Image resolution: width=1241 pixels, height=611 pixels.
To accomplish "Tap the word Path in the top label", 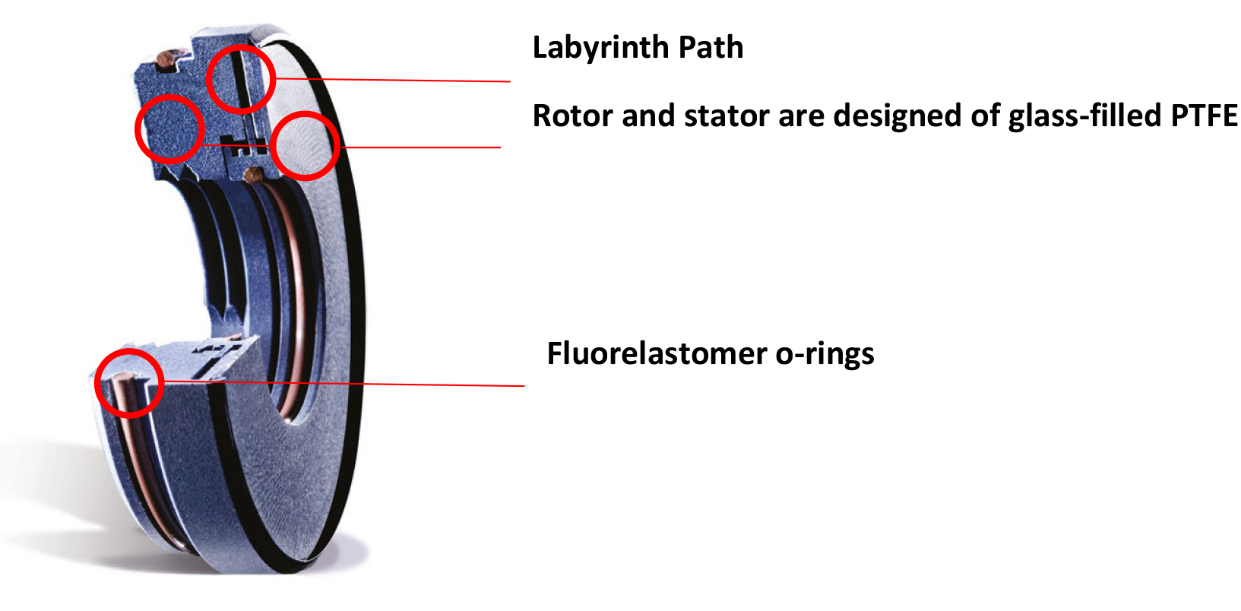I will pyautogui.click(x=711, y=47).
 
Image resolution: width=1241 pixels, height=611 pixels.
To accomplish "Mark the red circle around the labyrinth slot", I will pyautogui.click(x=240, y=79).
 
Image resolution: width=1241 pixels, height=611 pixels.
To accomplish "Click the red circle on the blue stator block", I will pyautogui.click(x=169, y=128).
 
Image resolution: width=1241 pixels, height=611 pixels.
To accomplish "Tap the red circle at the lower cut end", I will pyautogui.click(x=129, y=382).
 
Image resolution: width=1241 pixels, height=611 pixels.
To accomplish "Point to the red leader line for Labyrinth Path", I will pyautogui.click(x=395, y=79).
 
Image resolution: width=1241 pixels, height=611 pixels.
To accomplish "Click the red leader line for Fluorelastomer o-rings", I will pyautogui.click(x=342, y=384).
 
